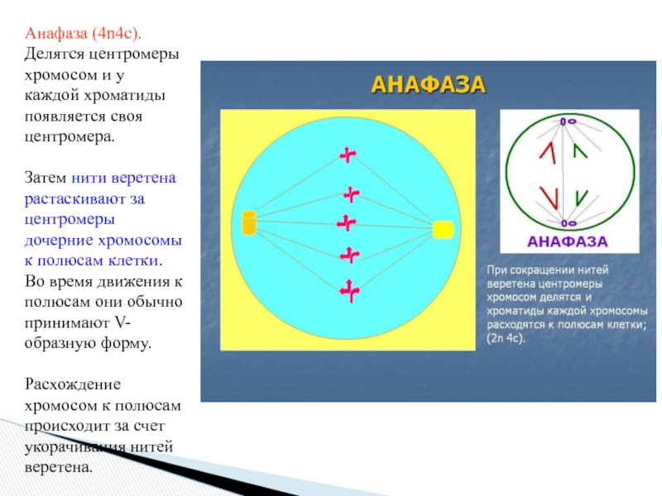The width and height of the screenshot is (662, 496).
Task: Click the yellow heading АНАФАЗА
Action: pos(427,84)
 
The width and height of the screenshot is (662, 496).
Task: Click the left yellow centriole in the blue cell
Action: pos(248,222)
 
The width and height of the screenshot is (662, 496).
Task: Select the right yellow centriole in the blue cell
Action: pos(443,229)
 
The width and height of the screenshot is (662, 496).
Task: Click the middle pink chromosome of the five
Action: pos(346,222)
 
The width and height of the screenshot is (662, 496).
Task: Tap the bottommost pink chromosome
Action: pos(348,290)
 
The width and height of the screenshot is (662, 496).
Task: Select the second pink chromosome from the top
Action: pos(353,194)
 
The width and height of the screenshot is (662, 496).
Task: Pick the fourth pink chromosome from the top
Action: pos(351,255)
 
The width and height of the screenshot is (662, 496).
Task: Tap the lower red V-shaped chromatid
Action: pos(548,198)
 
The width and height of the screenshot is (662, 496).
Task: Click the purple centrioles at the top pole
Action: pos(566,122)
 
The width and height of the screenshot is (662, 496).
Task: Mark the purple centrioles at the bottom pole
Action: pos(566,223)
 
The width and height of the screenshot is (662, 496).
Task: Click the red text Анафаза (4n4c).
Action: pos(83,33)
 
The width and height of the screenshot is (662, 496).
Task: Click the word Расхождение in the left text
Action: pos(73,385)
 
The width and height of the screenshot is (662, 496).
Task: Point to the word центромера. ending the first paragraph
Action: pos(70,136)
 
